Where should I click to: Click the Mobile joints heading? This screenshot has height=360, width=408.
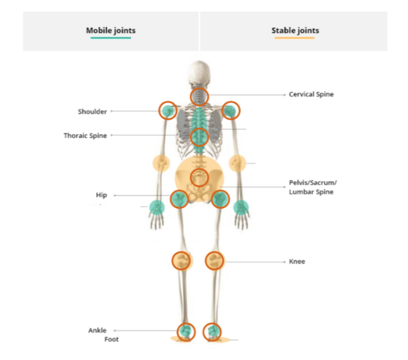[x=110, y=30]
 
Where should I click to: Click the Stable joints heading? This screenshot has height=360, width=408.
[x=295, y=30]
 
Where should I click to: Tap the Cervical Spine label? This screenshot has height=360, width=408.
[x=311, y=95]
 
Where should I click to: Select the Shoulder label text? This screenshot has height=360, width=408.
[x=92, y=111]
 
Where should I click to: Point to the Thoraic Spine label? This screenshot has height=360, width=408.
[x=85, y=135]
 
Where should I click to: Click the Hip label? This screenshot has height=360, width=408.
[x=101, y=195]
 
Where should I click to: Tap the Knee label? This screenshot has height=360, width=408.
[x=297, y=262]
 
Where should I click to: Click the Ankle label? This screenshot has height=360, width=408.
[x=97, y=331]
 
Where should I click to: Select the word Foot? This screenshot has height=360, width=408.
[x=111, y=340]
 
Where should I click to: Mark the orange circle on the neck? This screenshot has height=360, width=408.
[x=199, y=96]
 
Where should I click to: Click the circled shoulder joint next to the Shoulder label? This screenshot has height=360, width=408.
[x=168, y=110]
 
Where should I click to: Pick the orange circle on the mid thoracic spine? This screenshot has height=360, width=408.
[x=199, y=137]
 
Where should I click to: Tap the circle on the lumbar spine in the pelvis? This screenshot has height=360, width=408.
[x=199, y=177]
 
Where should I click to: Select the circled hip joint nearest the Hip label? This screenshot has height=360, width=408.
[x=178, y=198]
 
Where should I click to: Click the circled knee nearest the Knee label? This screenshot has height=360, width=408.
[x=215, y=260]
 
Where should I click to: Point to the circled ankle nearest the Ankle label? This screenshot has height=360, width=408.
[x=186, y=331]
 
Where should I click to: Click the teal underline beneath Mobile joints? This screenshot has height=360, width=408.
[x=110, y=39]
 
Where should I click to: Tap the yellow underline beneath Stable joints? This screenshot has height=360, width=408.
[x=295, y=39]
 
